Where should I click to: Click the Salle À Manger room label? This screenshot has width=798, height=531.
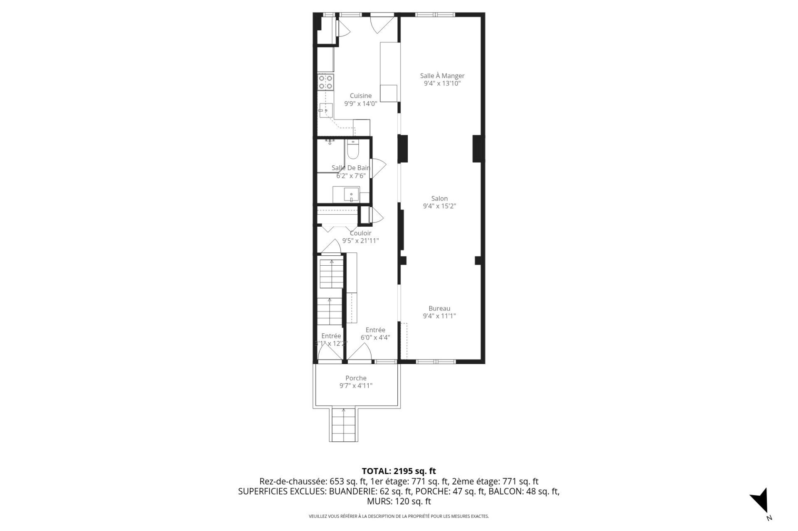[442, 76]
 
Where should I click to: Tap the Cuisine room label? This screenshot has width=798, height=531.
[360, 96]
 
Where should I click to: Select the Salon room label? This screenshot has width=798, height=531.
[439, 198]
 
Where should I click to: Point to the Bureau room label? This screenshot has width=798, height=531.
[439, 308]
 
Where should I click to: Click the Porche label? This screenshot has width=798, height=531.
[356, 378]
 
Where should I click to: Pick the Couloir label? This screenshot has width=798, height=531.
[360, 233]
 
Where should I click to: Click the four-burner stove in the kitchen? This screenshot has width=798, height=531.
[325, 82]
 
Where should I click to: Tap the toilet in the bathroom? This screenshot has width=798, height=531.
[353, 150]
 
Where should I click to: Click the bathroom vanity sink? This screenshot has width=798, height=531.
[352, 194]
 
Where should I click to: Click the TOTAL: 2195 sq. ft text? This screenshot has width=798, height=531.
[399, 471]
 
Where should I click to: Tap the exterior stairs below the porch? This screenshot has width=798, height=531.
[344, 425]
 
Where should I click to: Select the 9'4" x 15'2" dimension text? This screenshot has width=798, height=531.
[439, 206]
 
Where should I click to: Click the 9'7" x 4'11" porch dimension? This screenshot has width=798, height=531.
[356, 386]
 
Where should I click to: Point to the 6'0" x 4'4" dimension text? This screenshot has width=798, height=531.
[375, 338]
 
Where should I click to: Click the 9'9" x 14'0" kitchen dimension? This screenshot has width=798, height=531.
[360, 104]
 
